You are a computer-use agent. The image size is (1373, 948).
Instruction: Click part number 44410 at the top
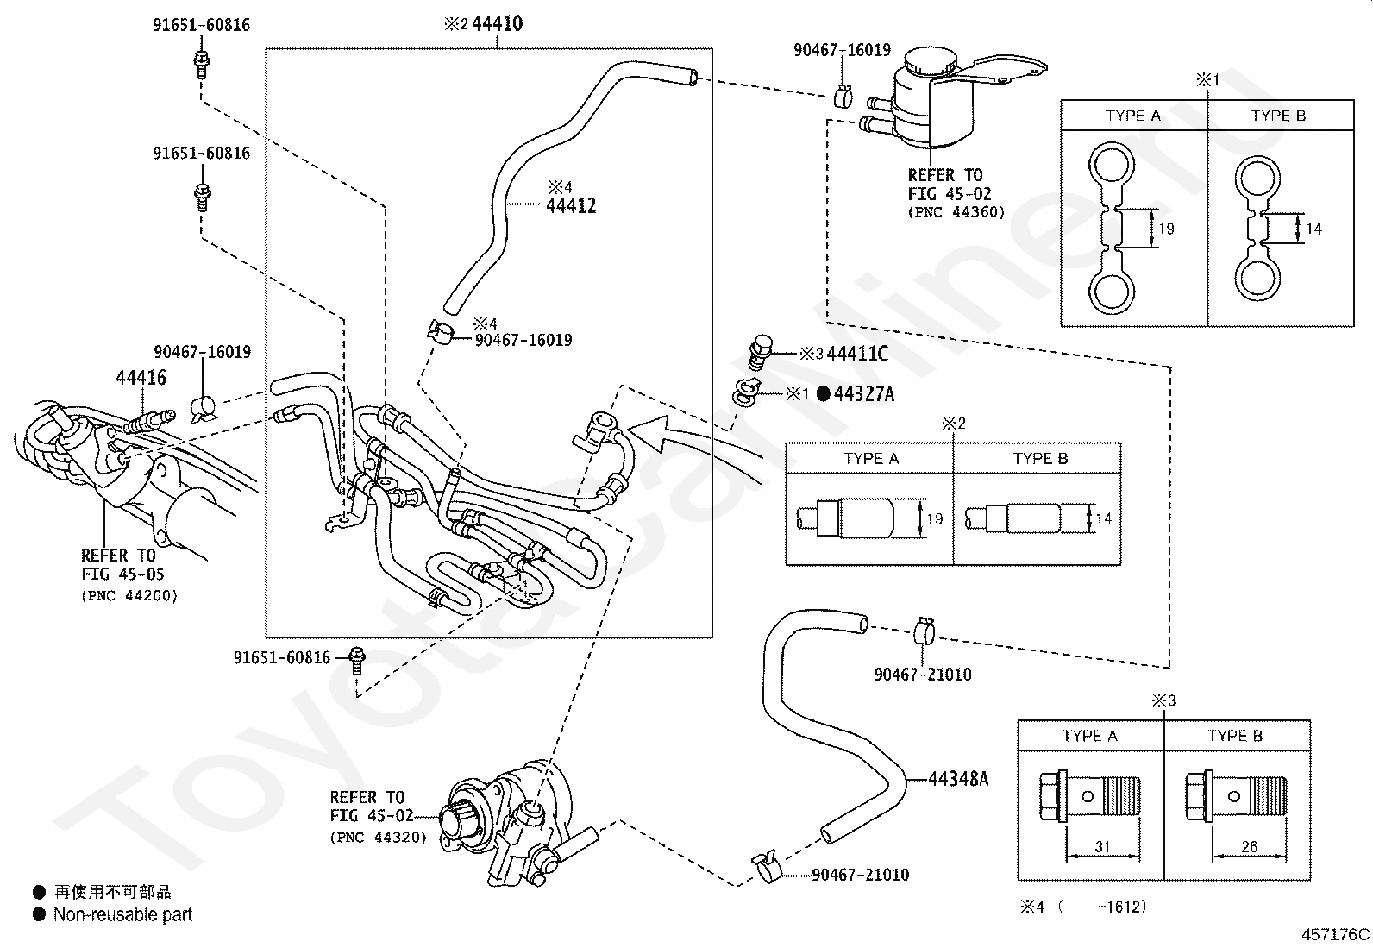497,24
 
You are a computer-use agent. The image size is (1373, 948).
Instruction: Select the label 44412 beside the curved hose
571,205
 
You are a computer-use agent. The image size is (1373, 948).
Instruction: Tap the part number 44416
141,377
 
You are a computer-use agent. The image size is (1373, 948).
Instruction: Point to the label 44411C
857,354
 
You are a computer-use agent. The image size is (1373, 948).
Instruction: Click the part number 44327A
863,393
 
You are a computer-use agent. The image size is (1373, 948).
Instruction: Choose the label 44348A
958,779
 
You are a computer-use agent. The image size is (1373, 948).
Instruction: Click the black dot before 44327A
824,393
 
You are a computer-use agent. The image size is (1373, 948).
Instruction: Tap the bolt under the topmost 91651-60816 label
202,65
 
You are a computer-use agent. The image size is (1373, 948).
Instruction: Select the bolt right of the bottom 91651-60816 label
356,661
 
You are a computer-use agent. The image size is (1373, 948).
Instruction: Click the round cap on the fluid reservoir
931,61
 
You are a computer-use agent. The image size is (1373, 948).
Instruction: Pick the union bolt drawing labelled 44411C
760,352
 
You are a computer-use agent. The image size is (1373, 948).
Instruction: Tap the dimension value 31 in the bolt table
1102,847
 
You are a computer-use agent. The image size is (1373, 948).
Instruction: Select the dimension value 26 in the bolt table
1249,847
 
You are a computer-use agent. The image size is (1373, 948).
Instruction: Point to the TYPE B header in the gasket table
1278,116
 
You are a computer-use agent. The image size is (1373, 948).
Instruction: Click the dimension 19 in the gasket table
1166,229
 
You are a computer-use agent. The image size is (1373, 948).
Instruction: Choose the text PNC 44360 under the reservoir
956,212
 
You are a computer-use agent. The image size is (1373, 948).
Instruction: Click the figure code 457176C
1335,934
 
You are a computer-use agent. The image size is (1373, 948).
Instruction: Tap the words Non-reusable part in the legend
122,914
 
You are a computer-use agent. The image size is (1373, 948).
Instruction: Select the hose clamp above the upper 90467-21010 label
924,631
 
